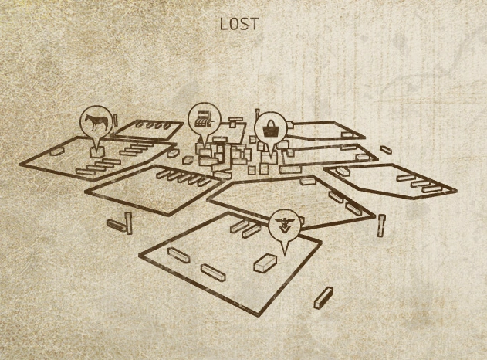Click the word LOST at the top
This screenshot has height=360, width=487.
point(239,24)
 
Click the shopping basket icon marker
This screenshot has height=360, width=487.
point(269,127)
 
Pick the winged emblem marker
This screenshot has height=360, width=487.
point(283,226)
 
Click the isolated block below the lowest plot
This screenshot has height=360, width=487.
point(324,297)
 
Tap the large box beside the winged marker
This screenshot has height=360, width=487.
point(265,263)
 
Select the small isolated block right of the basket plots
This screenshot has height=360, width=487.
point(386,150)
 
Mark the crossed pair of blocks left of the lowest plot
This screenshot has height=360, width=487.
point(121,224)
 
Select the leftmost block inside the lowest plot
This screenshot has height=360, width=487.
point(178,256)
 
